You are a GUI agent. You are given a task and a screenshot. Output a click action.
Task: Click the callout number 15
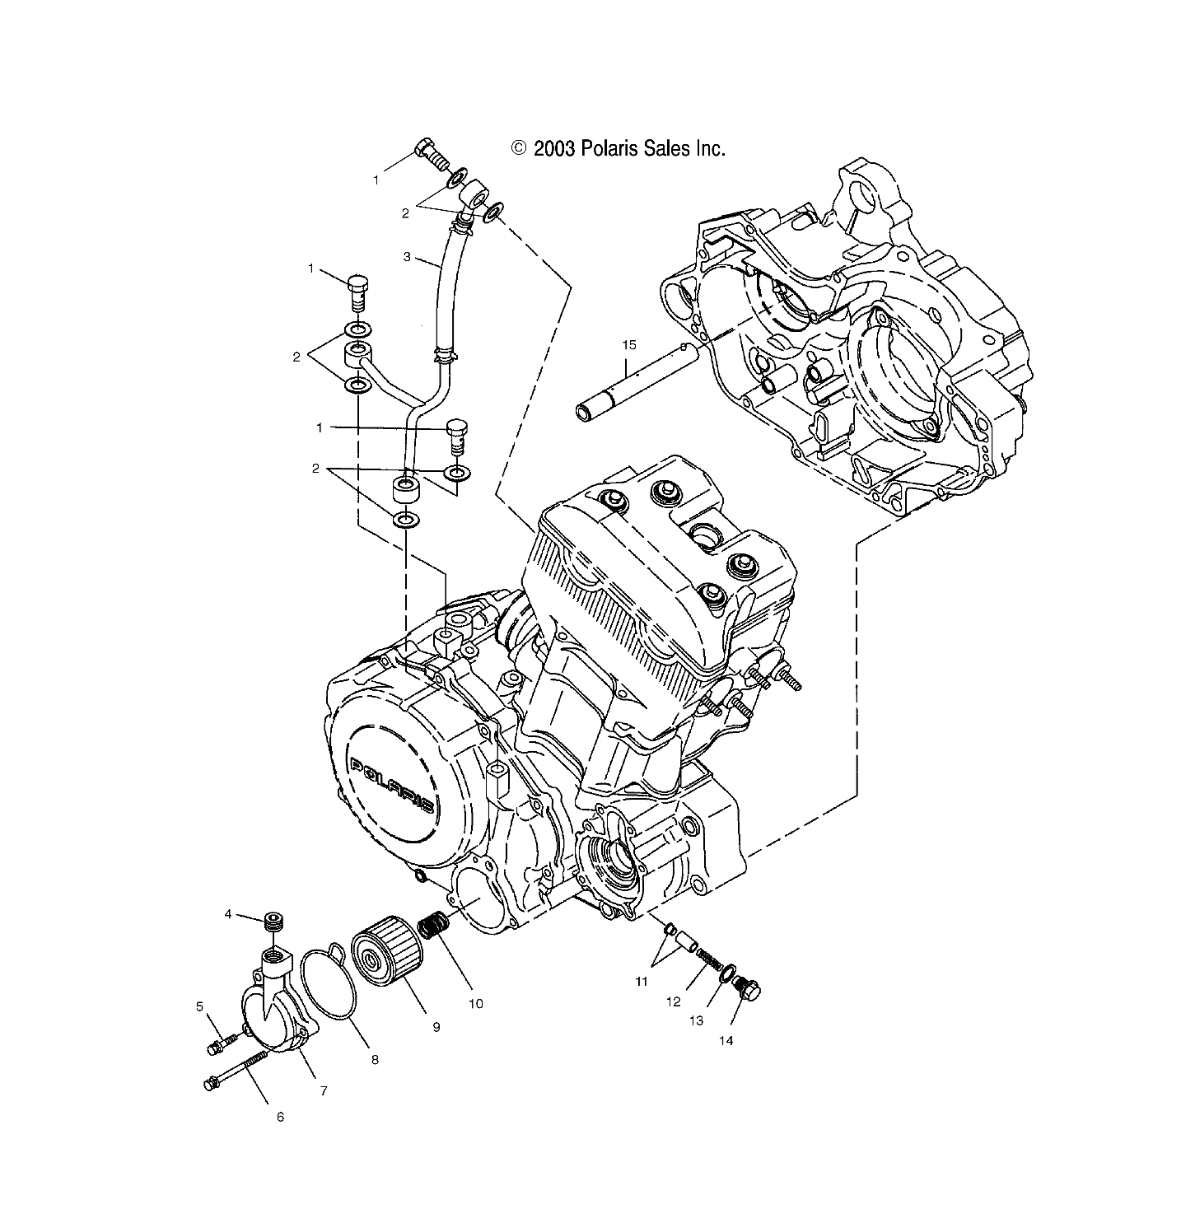point(628,345)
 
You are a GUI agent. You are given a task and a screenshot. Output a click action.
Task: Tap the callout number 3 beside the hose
point(406,257)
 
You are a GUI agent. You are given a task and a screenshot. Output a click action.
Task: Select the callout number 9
point(436,1026)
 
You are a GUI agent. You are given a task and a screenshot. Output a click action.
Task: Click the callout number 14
point(725,1040)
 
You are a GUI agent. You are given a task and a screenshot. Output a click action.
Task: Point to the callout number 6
point(279,1117)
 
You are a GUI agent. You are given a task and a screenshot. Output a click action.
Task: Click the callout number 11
point(642,981)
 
